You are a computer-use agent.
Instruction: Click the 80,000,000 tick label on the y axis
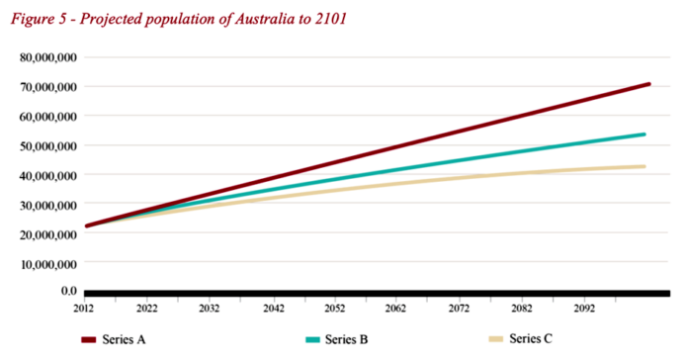(x=46, y=57)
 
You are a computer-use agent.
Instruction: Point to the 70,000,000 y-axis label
(x=46, y=87)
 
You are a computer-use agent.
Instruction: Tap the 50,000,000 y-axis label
(x=46, y=145)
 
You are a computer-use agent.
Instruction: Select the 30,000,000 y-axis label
(x=46, y=204)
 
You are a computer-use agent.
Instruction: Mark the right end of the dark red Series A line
(x=648, y=84)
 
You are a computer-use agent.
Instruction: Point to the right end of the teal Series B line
(x=645, y=135)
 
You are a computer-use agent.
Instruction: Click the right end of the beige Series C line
(x=645, y=166)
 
